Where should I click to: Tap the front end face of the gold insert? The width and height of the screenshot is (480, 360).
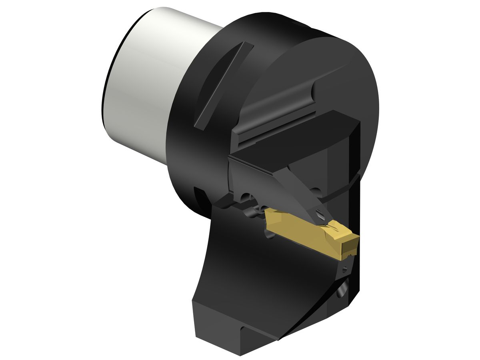350,246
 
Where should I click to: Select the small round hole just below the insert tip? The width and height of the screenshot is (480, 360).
345,270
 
